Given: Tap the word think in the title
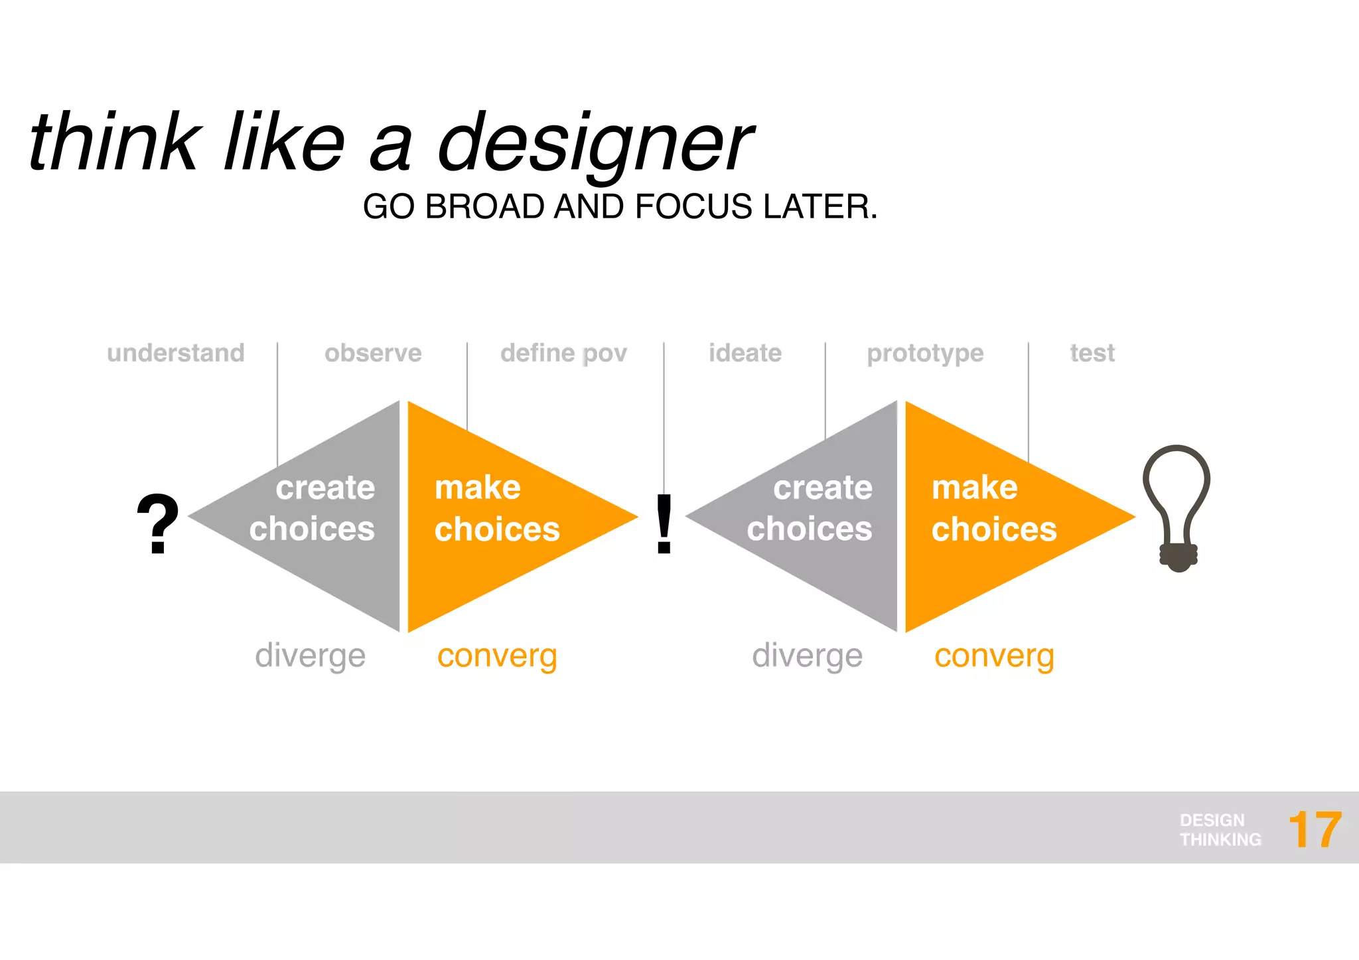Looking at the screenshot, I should pos(114,143).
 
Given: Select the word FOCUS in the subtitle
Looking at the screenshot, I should pos(695,206).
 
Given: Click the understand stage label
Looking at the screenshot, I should pos(176,353).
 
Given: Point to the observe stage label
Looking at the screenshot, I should pos(373,353).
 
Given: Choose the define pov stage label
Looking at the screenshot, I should pos(563,354).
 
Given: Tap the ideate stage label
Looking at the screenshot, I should pos(745,353).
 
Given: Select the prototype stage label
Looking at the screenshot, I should pos(925,354).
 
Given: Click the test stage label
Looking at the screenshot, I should pos(1092,353).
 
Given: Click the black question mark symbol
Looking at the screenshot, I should pos(157,524).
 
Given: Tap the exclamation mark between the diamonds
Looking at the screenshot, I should pos(664,524).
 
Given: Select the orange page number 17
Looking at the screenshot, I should pos(1315,830).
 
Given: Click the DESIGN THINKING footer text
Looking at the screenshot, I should pos(1220,830).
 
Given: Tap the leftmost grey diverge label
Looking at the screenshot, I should pos(310,656).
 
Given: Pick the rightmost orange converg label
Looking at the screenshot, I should pos(993,656).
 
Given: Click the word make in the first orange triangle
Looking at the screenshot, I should pos(477,488).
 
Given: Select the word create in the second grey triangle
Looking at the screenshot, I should pos(822,488).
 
